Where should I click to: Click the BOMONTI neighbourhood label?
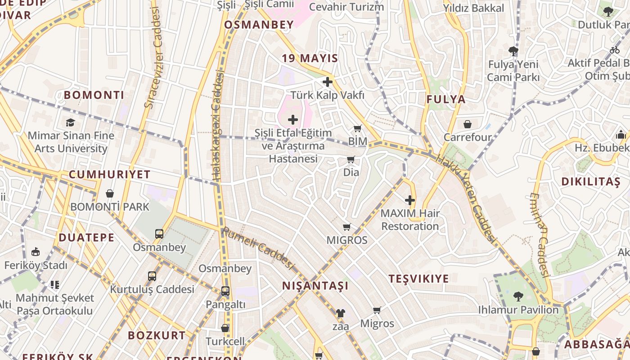click(94, 95)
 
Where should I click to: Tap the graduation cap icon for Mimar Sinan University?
click(70, 122)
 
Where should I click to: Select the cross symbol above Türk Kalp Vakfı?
click(328, 82)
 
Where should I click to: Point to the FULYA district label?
click(446, 99)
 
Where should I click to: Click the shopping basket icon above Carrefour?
click(468, 124)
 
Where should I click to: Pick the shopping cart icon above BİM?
click(358, 129)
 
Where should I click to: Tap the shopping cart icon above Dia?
click(351, 159)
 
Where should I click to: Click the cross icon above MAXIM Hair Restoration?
click(410, 200)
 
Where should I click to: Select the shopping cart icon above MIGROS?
click(346, 227)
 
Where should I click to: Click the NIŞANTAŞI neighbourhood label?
click(315, 286)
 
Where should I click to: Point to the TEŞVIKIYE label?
click(419, 279)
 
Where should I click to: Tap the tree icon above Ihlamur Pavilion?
click(518, 296)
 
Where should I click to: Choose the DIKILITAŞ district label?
click(591, 182)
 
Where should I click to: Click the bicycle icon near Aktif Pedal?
click(615, 50)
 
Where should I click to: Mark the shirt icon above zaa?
click(340, 313)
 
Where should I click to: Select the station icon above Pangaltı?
click(225, 291)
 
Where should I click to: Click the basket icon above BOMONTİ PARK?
click(110, 193)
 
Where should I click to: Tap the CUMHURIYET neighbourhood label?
click(109, 175)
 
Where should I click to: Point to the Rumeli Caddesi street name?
click(258, 248)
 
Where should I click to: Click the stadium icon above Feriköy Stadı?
click(36, 252)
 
